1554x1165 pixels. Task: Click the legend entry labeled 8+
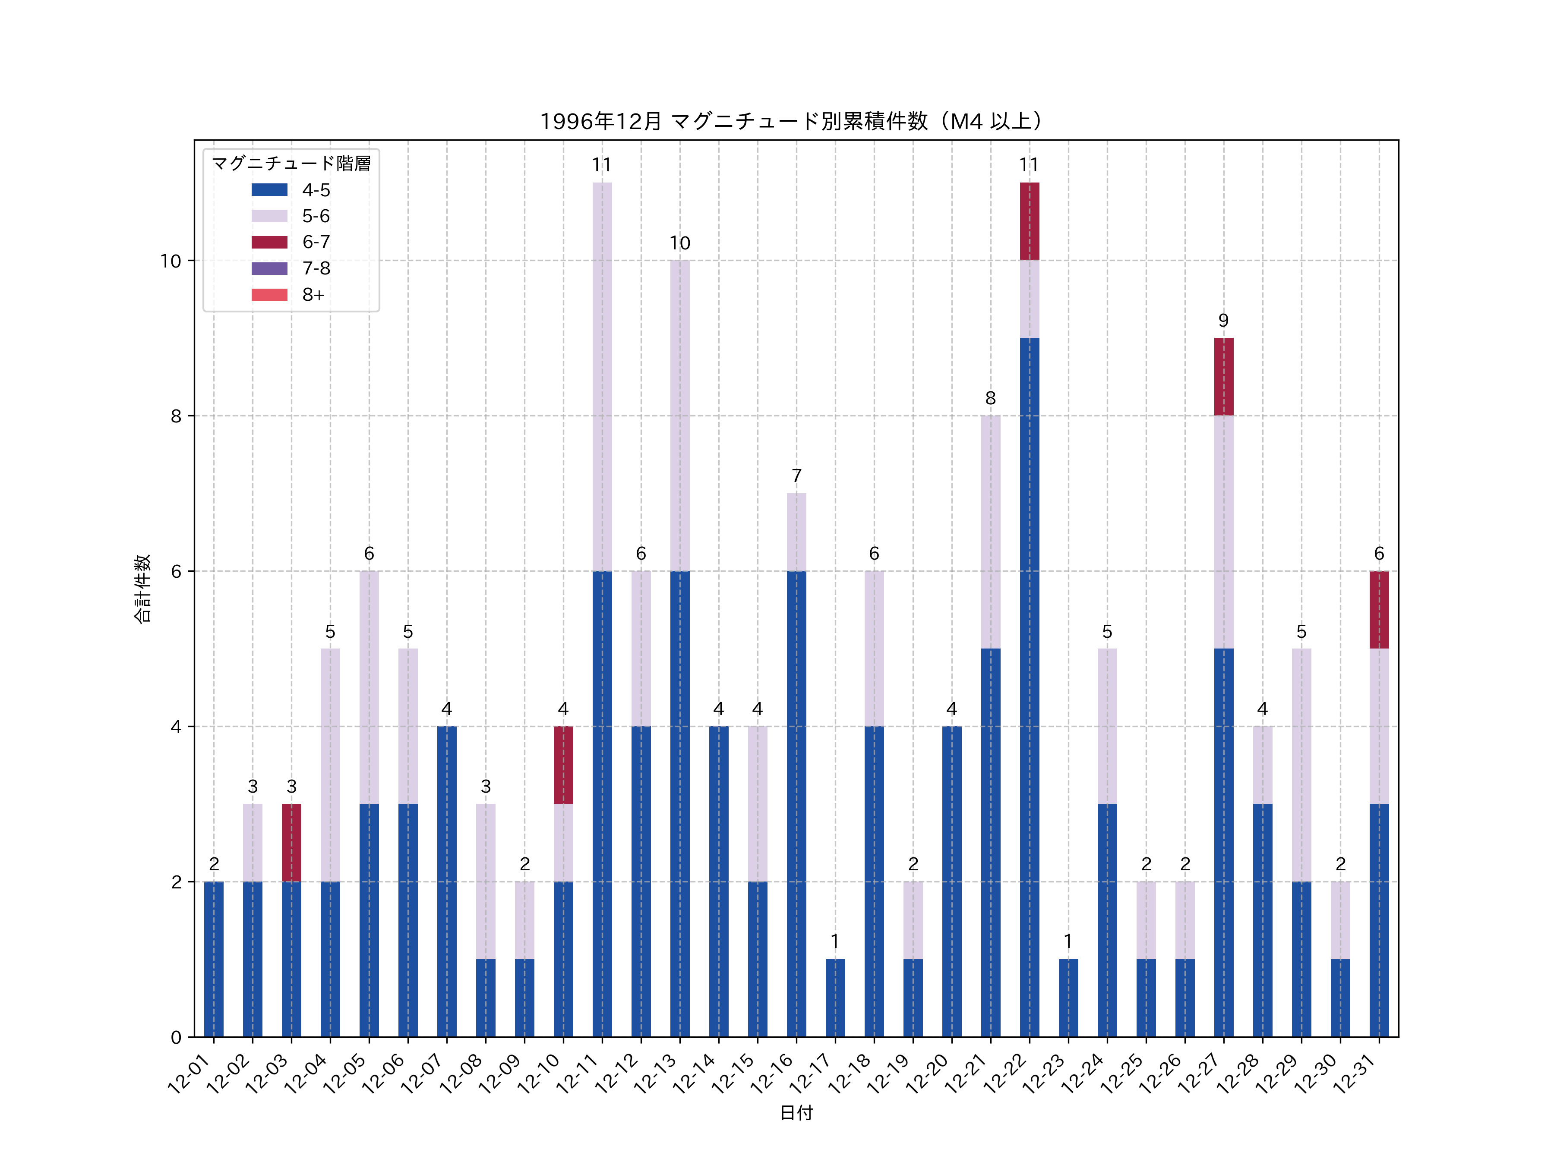coord(313,295)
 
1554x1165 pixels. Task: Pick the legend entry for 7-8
coord(316,268)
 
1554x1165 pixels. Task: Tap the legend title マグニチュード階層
coord(291,164)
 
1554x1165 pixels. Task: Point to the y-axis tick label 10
coord(170,261)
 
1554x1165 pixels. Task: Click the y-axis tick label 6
coord(176,572)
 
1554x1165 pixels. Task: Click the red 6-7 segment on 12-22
coord(1029,221)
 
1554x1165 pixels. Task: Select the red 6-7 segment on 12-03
coord(291,843)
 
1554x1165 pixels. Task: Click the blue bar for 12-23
coord(1068,998)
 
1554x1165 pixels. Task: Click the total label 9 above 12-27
coord(1223,321)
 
